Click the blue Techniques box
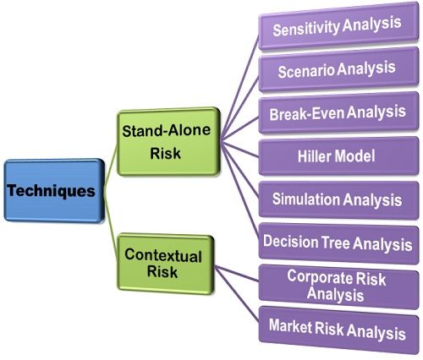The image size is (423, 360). click(52, 190)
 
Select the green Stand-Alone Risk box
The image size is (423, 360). click(163, 142)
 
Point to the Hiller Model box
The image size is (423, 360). click(336, 156)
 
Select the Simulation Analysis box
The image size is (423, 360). click(336, 200)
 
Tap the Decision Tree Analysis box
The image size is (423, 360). click(336, 242)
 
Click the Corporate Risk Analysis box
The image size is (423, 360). click(336, 285)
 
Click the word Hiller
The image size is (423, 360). click(316, 156)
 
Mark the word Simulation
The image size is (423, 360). click(305, 200)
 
